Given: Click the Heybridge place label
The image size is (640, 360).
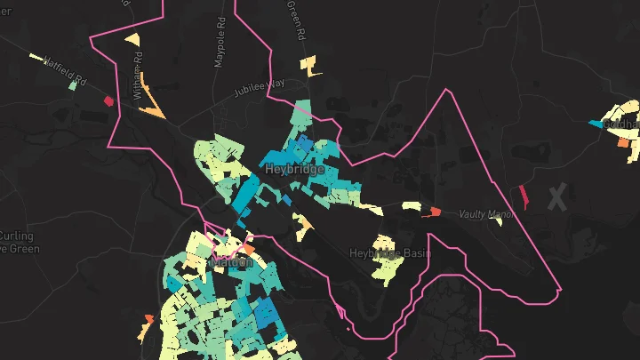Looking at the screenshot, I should pyautogui.click(x=290, y=169).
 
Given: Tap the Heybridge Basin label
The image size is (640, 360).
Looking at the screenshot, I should pyautogui.click(x=390, y=253).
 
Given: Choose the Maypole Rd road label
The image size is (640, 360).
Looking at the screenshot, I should pyautogui.click(x=220, y=44).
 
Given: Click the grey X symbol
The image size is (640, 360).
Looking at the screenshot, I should pyautogui.click(x=557, y=198).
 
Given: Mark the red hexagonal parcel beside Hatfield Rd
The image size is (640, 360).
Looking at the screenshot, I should pyautogui.click(x=108, y=100).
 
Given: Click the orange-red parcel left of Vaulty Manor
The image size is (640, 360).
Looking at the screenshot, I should pyautogui.click(x=435, y=212).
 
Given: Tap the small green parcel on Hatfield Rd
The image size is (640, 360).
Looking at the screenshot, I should pyautogui.click(x=73, y=86).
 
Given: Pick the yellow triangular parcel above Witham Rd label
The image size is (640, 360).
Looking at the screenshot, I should pyautogui.click(x=132, y=39).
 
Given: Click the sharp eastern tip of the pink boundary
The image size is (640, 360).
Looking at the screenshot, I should pyautogui.click(x=561, y=289).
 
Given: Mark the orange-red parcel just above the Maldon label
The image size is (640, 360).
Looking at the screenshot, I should pyautogui.click(x=248, y=250).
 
